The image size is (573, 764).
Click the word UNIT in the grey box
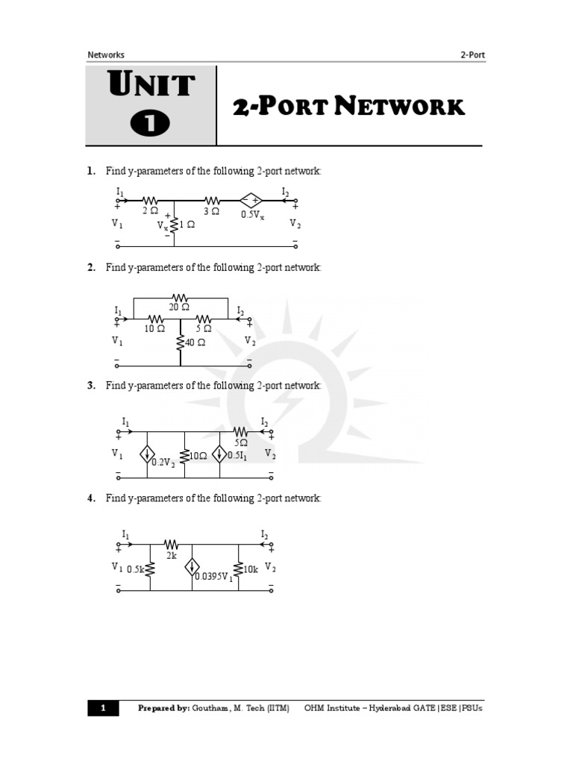(151, 85)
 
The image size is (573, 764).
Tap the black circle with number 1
(151, 123)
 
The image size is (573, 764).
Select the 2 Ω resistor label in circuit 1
(151, 211)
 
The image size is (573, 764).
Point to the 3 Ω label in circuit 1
(211, 211)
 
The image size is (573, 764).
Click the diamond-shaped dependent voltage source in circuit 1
(251, 200)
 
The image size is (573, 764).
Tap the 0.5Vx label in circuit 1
(252, 215)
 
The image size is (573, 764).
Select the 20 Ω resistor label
(179, 307)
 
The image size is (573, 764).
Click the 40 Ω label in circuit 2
(195, 343)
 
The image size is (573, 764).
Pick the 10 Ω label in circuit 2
(154, 328)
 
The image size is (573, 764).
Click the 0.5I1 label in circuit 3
(238, 456)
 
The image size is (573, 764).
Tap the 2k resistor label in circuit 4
(171, 556)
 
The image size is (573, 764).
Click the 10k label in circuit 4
(250, 569)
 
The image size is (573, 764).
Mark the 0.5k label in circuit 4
(135, 569)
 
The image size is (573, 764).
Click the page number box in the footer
(103, 708)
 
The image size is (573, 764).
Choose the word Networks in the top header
(106, 54)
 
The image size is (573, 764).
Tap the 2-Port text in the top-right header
(473, 54)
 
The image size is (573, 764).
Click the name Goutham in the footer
(211, 708)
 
